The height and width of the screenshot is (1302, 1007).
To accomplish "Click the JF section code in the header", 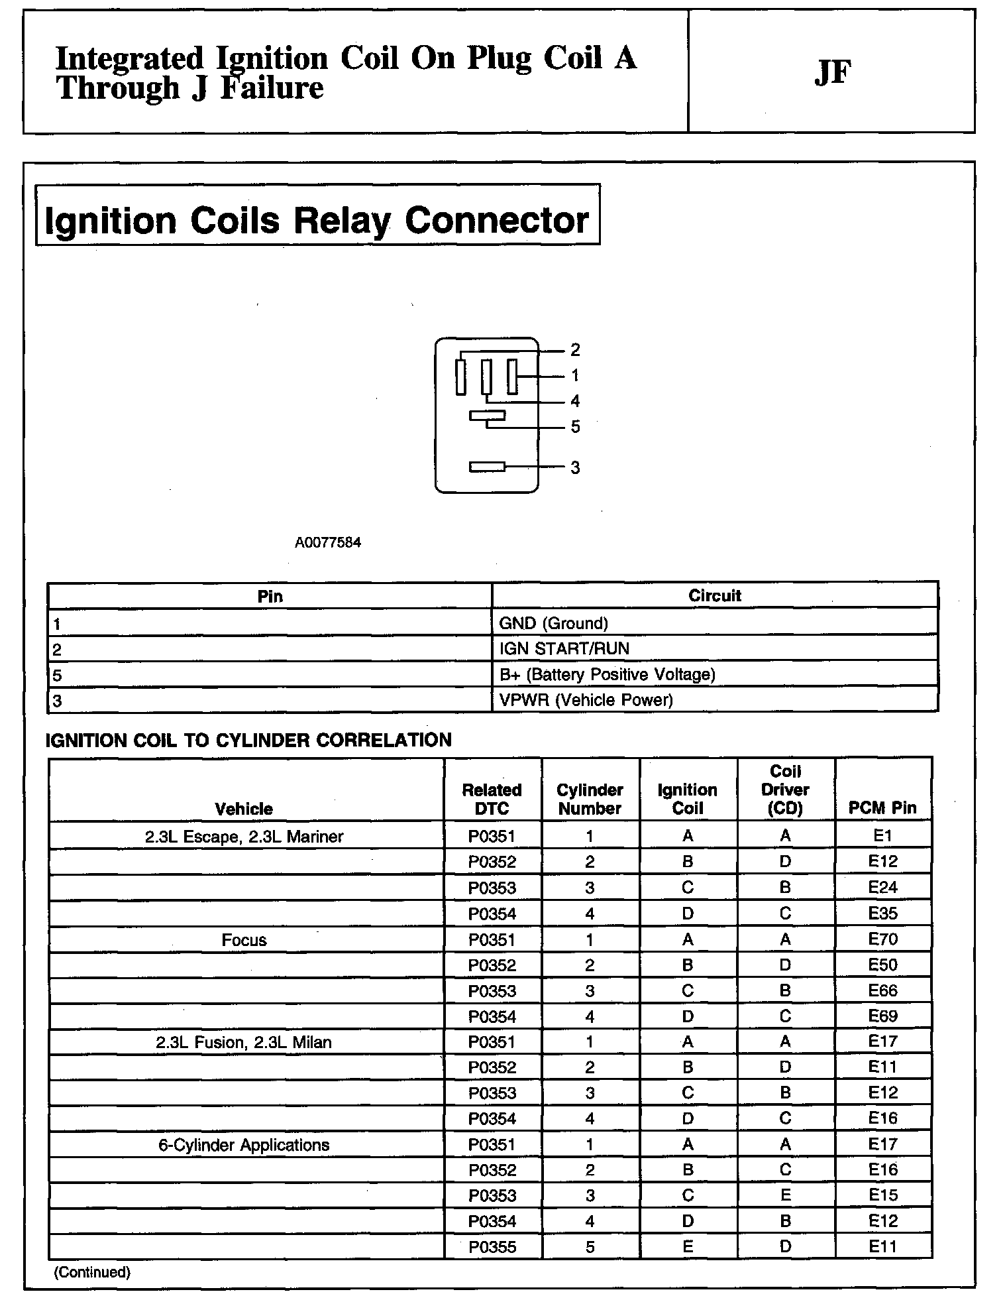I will click(x=832, y=72).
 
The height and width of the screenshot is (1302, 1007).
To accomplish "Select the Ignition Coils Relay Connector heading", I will click(x=317, y=220).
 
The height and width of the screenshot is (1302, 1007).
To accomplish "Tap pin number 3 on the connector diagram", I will click(x=575, y=467).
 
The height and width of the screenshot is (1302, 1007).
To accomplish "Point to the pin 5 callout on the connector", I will click(x=575, y=427).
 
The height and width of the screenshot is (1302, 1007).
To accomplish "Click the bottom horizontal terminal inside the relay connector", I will click(x=487, y=467).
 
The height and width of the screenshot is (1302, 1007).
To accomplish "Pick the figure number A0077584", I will click(x=328, y=542).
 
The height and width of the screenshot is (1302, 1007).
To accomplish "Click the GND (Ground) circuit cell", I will click(x=553, y=623).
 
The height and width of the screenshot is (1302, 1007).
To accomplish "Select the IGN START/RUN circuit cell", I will click(x=564, y=648).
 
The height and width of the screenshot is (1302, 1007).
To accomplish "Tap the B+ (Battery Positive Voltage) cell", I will click(x=607, y=674).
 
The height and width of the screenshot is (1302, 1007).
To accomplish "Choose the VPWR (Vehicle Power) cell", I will click(x=586, y=700).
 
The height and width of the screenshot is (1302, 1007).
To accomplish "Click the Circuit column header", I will click(x=715, y=595).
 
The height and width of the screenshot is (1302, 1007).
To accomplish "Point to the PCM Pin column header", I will click(x=882, y=807).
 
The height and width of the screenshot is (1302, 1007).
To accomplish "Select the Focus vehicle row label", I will click(x=244, y=940).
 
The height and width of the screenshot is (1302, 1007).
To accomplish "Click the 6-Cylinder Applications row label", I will click(x=244, y=1145).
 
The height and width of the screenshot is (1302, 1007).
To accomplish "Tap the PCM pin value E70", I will click(x=882, y=939).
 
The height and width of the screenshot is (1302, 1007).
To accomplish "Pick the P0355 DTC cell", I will click(x=492, y=1247).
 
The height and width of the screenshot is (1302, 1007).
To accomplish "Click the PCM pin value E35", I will click(x=882, y=914).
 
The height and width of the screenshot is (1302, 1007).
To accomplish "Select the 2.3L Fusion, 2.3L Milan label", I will click(x=244, y=1042).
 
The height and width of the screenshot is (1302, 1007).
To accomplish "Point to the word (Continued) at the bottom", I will click(x=92, y=1272).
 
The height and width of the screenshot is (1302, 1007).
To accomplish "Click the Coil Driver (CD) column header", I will click(x=785, y=790).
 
